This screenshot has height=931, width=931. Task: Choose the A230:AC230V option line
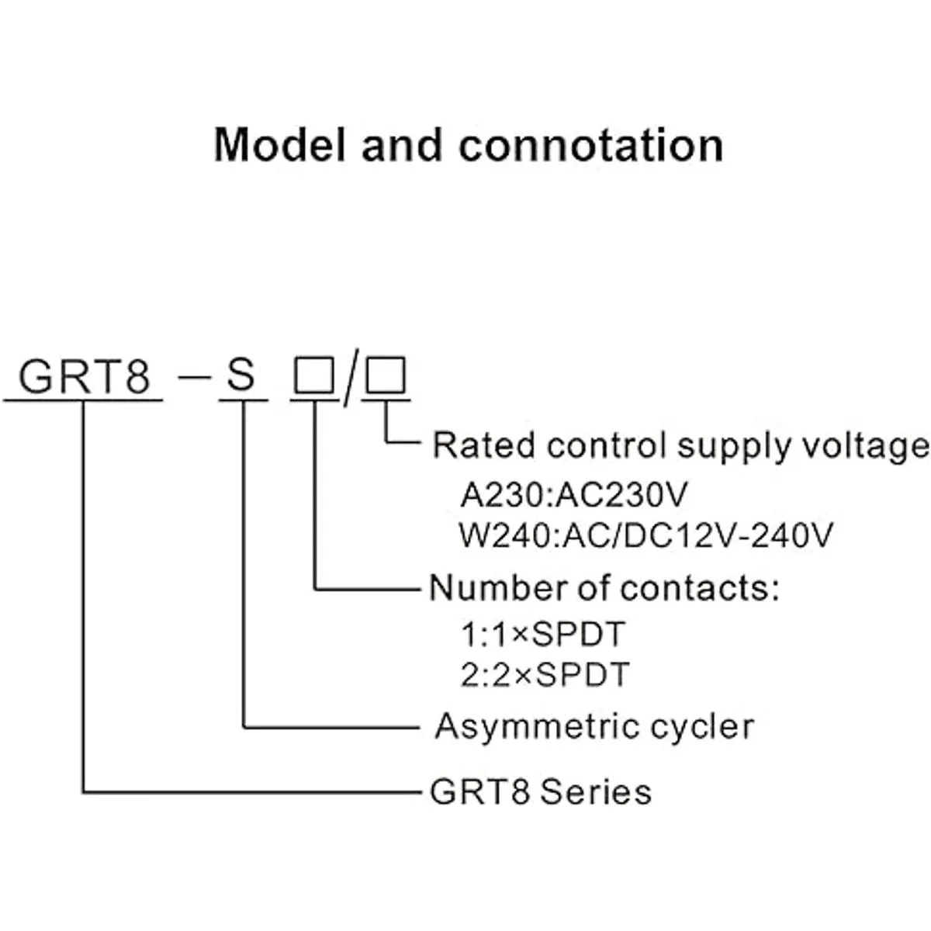pos(574,495)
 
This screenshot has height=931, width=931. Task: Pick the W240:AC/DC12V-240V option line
pos(646,535)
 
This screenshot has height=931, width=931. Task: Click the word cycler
pos(701,728)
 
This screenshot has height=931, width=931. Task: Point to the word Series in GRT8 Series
pos(595,792)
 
